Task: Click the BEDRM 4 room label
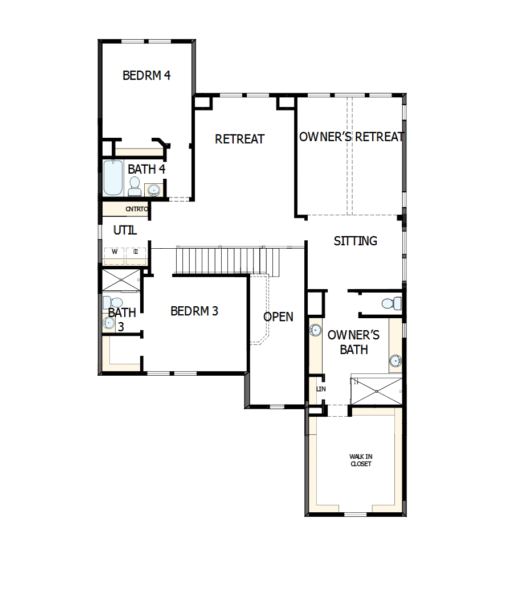click(x=146, y=75)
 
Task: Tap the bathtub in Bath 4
click(x=112, y=178)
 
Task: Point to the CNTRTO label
click(x=137, y=209)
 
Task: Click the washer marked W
click(x=114, y=252)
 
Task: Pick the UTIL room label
click(x=125, y=231)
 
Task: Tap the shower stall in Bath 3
click(x=121, y=280)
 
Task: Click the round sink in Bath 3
click(x=109, y=323)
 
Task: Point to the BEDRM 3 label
click(x=194, y=311)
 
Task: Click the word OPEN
click(x=278, y=317)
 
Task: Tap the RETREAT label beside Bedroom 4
click(x=239, y=139)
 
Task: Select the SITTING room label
click(x=355, y=241)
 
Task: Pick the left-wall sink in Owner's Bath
click(x=315, y=330)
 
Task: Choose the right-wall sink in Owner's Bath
click(x=395, y=360)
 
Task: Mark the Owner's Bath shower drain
click(x=376, y=391)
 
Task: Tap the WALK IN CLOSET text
click(x=360, y=460)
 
